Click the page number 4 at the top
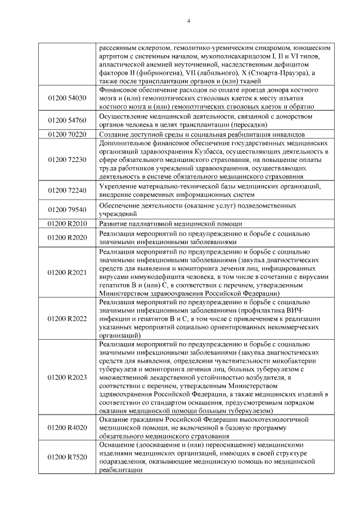pyautogui.click(x=188, y=21)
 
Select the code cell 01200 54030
pyautogui.click(x=67, y=97)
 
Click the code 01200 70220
pyautogui.click(x=67, y=134)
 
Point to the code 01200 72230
pyautogui.click(x=67, y=159)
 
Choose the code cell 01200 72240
pyautogui.click(x=67, y=190)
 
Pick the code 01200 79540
pyautogui.click(x=67, y=210)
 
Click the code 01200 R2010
pyautogui.click(x=67, y=223)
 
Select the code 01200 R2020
pyautogui.click(x=67, y=237)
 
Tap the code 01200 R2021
pyautogui.click(x=67, y=272)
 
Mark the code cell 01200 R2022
pyautogui.click(x=67, y=319)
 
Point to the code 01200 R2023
pyautogui.click(x=67, y=377)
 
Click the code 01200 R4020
pyautogui.click(x=67, y=427)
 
